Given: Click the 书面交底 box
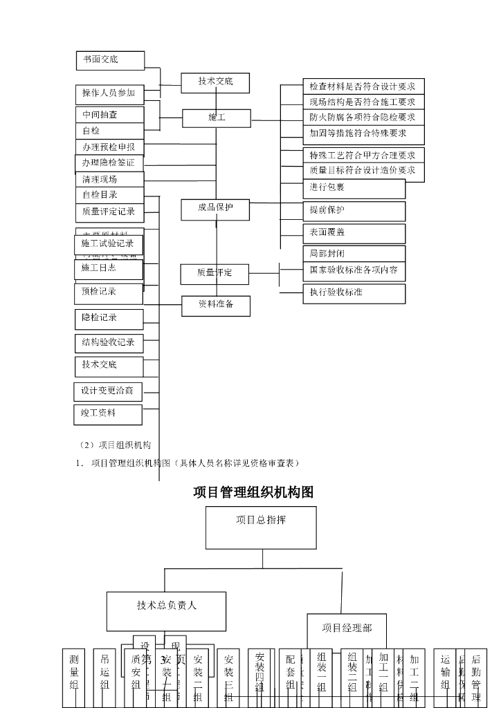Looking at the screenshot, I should [x=110, y=60].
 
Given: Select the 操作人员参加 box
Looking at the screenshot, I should [x=109, y=93].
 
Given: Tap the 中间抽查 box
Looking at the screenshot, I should [x=109, y=115].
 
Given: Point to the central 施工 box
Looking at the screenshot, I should [x=217, y=118].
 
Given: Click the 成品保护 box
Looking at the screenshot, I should [x=215, y=209].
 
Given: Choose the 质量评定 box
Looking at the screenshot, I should [x=215, y=274].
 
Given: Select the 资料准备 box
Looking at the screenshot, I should [x=215, y=305].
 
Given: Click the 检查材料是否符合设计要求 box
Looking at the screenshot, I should [x=363, y=86].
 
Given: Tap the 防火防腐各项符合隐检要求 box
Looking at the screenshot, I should [x=363, y=118].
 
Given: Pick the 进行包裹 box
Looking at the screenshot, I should [x=354, y=188].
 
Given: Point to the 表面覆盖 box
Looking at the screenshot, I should [x=354, y=233].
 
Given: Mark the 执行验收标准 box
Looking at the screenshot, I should [x=354, y=293].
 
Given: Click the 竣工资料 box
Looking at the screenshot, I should [x=108, y=415].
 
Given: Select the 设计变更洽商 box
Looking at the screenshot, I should [x=108, y=391].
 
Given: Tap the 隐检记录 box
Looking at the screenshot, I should [x=109, y=319].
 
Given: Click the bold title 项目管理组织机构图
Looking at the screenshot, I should [x=254, y=492].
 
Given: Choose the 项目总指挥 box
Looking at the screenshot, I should [x=261, y=527].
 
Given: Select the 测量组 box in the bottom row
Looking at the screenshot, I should [x=74, y=677].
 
